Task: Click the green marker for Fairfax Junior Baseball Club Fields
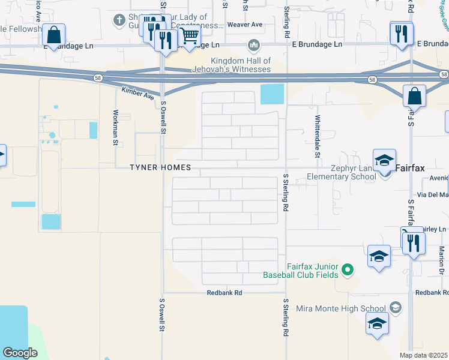click(x=347, y=271)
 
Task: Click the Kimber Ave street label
click(x=137, y=92)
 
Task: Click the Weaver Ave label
click(x=245, y=25)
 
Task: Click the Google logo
click(x=20, y=352)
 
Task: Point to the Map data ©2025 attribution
click(x=424, y=355)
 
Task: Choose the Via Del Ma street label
click(x=436, y=195)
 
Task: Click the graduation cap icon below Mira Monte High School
click(x=377, y=325)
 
